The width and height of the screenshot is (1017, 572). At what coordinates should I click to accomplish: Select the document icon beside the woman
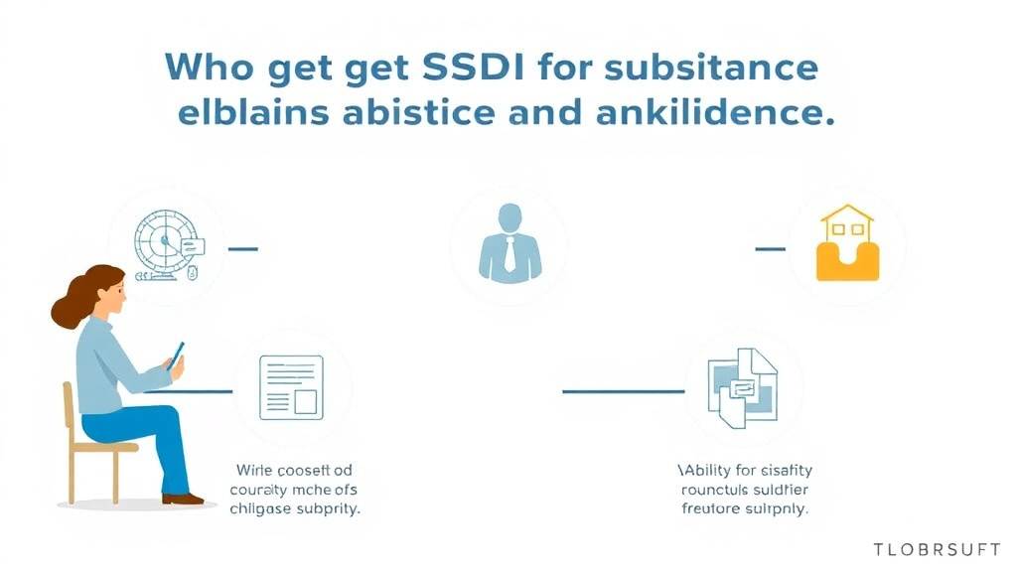[291, 387]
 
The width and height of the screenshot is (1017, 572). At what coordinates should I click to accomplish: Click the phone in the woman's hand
[177, 355]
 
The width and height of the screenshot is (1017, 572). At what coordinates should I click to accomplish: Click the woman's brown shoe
[183, 499]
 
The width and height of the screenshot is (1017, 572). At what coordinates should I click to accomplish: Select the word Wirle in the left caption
[255, 469]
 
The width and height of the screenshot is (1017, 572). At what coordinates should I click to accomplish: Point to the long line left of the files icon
[623, 391]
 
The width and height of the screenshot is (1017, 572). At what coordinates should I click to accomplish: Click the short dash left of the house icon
[770, 248]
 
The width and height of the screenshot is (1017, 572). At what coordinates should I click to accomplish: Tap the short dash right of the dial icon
[243, 248]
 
